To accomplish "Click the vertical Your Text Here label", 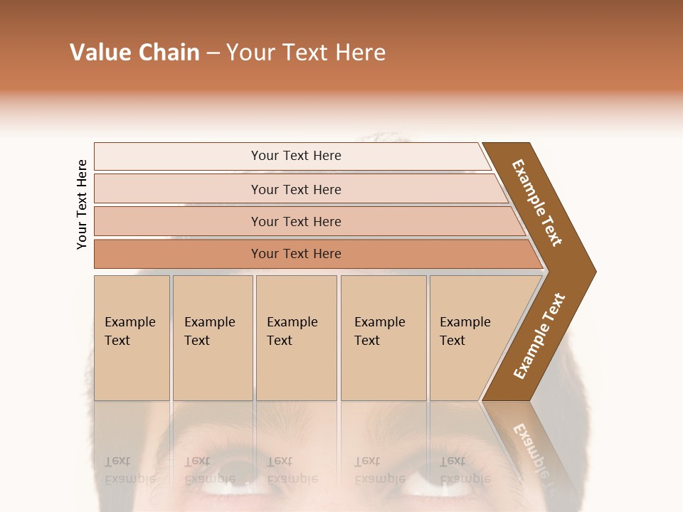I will (x=82, y=204).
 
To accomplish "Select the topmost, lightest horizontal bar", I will (x=296, y=156).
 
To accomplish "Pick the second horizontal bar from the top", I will (x=296, y=189).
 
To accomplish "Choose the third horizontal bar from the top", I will (x=296, y=221).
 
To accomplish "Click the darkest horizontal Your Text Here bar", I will (x=296, y=254).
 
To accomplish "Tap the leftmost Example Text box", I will (x=131, y=337).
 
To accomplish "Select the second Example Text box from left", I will (x=212, y=337).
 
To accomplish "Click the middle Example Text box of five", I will (x=295, y=337).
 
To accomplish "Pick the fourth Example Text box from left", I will (x=383, y=337).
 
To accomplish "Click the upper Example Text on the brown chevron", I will (x=538, y=203).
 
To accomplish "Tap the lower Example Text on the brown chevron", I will (x=539, y=336).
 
